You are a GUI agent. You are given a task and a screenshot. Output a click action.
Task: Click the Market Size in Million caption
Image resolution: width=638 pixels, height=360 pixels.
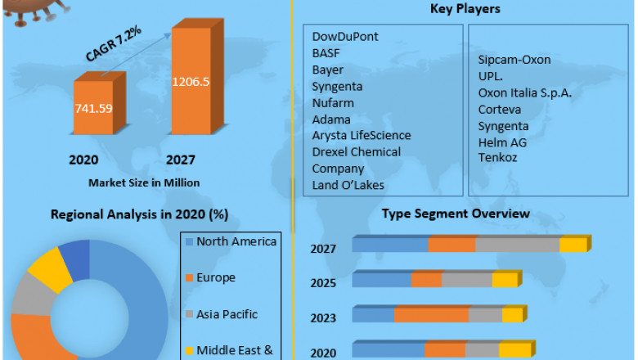(143, 182)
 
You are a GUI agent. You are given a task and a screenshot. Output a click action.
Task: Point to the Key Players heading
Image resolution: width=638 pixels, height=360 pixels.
(465, 9)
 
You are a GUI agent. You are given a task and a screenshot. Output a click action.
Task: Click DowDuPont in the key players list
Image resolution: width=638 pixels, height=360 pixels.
(345, 37)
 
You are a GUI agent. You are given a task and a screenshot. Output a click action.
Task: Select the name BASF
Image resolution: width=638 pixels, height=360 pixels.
(326, 53)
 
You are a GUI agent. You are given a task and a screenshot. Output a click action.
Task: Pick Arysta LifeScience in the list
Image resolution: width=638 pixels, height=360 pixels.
(362, 135)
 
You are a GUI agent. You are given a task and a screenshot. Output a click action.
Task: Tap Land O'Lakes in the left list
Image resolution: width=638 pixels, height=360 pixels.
(348, 185)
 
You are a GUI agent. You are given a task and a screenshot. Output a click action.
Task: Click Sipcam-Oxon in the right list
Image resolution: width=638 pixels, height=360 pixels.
(514, 60)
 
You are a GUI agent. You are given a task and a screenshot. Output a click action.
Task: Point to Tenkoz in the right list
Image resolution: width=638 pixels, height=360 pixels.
(497, 158)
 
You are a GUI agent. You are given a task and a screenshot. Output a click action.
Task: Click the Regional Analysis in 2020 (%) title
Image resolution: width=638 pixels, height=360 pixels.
(139, 215)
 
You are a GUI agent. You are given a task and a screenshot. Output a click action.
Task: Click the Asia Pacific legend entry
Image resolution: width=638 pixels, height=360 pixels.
(228, 314)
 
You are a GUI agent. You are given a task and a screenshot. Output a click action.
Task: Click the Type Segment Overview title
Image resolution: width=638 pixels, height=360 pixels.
(456, 214)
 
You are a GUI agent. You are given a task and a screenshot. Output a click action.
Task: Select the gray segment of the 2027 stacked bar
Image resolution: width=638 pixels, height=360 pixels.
(517, 245)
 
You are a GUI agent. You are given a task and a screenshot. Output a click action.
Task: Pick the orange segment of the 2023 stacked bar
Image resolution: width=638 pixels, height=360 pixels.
(431, 315)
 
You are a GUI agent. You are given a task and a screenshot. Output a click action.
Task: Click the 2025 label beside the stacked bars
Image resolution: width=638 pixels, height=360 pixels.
(323, 282)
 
